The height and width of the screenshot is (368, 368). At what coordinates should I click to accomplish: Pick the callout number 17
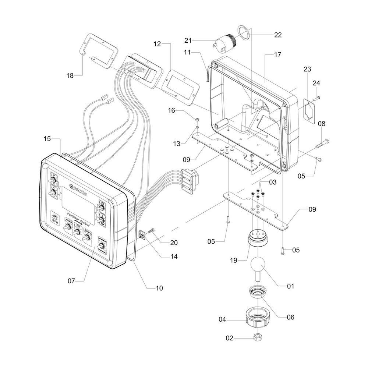(277, 54)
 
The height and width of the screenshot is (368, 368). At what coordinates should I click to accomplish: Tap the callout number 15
(47, 139)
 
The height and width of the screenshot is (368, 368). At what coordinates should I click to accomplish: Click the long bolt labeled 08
(322, 144)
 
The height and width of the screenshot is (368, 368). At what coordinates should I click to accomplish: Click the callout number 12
(157, 44)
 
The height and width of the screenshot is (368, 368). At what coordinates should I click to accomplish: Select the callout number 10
(159, 288)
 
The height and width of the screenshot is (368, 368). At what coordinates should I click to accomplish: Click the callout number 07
(71, 281)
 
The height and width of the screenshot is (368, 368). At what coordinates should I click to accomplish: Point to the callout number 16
(171, 110)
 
